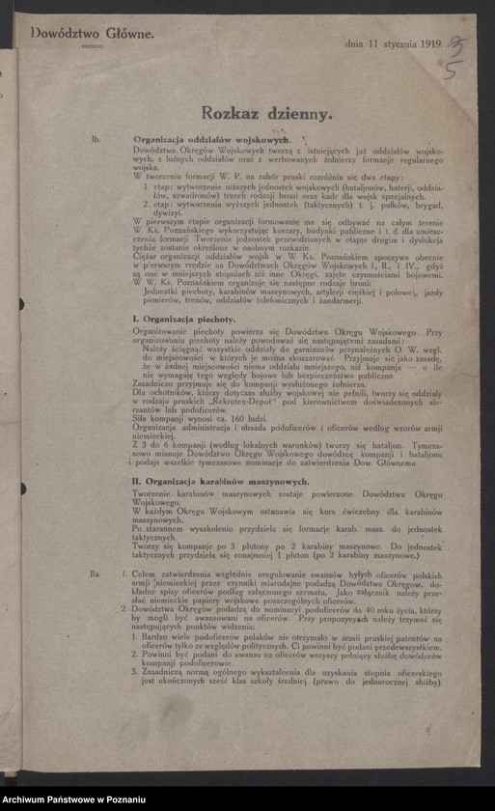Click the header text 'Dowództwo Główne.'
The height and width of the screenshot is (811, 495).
point(93,33)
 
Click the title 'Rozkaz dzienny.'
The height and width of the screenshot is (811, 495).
point(261,113)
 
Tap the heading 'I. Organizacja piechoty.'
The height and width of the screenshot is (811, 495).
point(183,318)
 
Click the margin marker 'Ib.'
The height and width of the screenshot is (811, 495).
point(96,141)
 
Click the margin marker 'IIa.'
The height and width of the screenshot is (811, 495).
point(96,574)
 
